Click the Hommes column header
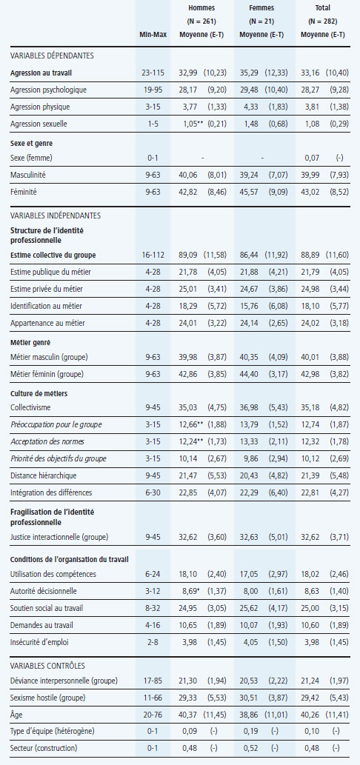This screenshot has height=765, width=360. (x=201, y=8)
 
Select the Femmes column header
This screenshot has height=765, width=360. (x=261, y=8)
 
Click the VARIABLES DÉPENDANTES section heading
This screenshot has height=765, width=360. (x=52, y=56)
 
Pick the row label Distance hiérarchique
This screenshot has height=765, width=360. (x=44, y=475)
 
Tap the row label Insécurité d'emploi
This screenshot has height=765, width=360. (x=39, y=642)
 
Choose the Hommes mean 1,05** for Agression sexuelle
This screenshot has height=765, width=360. (x=191, y=124)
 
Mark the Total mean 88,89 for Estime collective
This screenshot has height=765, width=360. (x=312, y=254)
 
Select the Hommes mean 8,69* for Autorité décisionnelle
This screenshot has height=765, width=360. (x=191, y=591)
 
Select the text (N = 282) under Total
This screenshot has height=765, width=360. (x=322, y=21)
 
